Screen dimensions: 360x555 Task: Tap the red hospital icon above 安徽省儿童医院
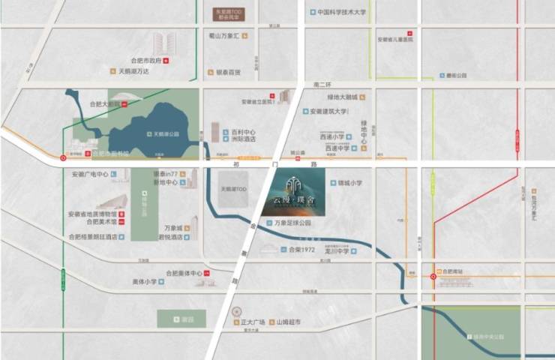click(x=409, y=33)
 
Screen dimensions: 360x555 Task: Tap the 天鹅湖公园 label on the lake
click(x=166, y=134)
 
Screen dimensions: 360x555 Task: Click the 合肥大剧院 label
click(x=104, y=104)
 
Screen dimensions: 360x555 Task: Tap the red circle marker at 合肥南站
click(x=433, y=277)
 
